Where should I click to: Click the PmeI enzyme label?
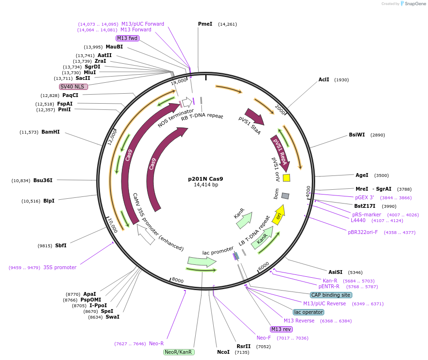point(205,24)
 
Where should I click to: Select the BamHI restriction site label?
point(50,132)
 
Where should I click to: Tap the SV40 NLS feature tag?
point(74,87)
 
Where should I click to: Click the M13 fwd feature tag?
point(128,38)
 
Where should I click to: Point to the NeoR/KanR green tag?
point(179,352)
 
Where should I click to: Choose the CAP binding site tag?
point(331,295)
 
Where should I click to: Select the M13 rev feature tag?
point(281,329)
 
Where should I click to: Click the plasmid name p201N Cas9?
point(206,179)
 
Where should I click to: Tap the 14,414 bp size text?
point(206,185)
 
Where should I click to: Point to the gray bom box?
point(285,196)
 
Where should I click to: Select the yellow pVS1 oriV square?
point(286,178)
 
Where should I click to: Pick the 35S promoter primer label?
point(60,267)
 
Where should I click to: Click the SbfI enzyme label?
point(61,245)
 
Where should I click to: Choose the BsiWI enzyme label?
point(357,135)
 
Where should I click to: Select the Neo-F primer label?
point(264,338)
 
